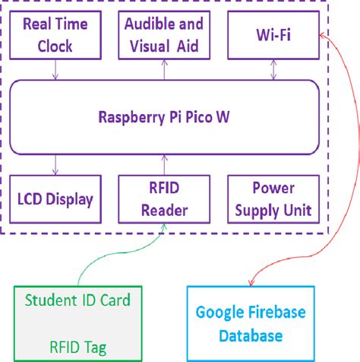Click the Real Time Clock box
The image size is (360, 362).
[54, 35]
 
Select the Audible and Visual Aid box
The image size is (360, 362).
[162, 35]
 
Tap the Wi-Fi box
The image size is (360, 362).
[273, 35]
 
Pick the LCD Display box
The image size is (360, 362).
[54, 199]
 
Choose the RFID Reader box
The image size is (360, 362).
[162, 199]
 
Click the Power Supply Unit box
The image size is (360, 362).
[273, 199]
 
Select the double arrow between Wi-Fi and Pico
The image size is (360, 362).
[273, 70]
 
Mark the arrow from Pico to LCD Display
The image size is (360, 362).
[54, 164]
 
